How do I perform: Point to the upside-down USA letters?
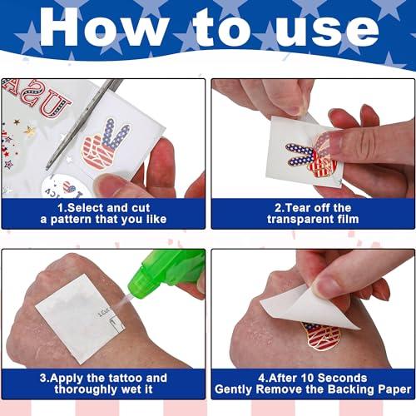click(x=36, y=98)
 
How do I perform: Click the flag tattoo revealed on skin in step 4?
click(x=322, y=336)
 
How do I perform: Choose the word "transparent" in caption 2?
click(x=300, y=220)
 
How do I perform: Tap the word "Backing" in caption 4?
click(x=347, y=389)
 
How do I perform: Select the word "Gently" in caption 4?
click(x=234, y=389)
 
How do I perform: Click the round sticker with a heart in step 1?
click(x=67, y=186)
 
